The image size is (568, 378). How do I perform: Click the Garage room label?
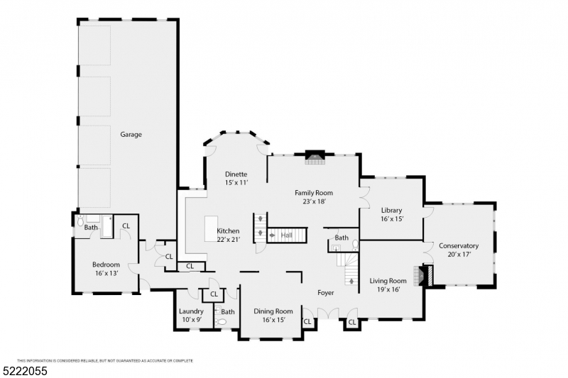click(x=131, y=135)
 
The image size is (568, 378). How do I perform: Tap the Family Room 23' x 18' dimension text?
click(x=314, y=201)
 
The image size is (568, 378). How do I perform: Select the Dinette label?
click(x=236, y=174)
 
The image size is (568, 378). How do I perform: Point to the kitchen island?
click(x=211, y=228)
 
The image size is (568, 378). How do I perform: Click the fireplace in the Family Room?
click(x=315, y=157)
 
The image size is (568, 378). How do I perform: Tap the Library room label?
click(x=392, y=210)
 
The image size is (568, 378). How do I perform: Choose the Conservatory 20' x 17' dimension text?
click(x=459, y=255)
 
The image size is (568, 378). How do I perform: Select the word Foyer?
click(x=326, y=293)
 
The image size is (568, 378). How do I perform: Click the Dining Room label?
click(x=273, y=311)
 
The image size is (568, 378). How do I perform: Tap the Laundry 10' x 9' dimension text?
click(x=191, y=319)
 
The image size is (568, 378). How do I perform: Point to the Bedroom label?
click(x=106, y=265)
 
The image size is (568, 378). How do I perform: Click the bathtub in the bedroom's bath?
click(x=106, y=227)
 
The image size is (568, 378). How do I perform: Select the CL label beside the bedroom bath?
click(x=126, y=226)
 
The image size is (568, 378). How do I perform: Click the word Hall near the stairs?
click(x=287, y=235)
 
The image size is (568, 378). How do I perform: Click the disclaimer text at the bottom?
click(x=105, y=361)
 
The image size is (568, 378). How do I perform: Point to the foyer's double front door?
click(x=328, y=313)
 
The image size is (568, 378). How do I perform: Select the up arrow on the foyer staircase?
click(x=351, y=281)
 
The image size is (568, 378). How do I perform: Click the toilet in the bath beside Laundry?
click(x=220, y=321)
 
